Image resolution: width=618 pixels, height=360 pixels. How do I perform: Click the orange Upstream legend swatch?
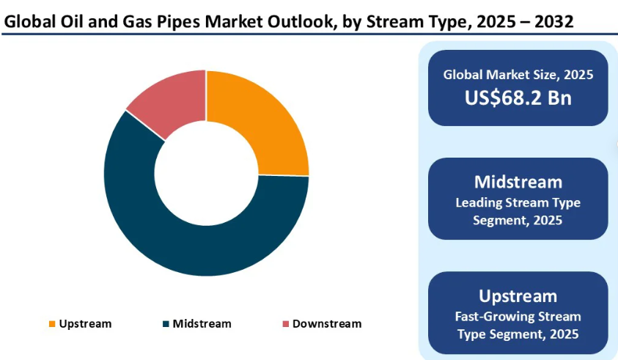point(51,324)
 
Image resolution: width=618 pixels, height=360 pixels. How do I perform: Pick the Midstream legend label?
point(202,323)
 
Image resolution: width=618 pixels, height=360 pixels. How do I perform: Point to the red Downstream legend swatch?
point(284,324)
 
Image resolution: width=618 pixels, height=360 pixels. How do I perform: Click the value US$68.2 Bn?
point(518,98)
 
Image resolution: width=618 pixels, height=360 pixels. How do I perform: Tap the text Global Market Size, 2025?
point(518,75)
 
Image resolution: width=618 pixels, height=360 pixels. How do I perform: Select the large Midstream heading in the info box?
point(518,182)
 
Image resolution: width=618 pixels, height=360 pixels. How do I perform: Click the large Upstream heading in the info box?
point(518,296)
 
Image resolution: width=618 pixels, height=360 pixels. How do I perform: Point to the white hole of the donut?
point(206,173)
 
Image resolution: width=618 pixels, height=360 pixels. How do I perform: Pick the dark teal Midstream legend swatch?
point(166,324)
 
